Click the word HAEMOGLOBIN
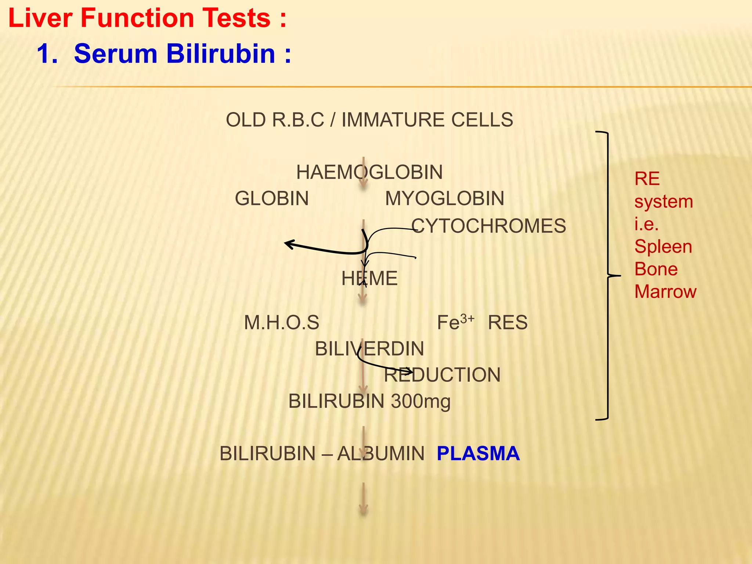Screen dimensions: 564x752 369,172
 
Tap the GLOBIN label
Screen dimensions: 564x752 272,199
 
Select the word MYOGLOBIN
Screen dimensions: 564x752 444,199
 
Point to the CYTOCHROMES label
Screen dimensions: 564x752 488,226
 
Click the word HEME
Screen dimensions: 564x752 369,278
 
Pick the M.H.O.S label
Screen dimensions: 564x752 282,323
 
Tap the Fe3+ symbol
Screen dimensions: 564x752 455,322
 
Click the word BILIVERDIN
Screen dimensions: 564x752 369,349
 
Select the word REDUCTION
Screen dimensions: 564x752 442,375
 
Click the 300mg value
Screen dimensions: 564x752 421,401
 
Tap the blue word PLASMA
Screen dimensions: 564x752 478,453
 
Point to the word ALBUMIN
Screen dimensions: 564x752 381,454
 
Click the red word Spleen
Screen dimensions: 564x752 663,246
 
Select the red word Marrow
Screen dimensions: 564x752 665,292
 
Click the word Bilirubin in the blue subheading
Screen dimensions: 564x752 221,54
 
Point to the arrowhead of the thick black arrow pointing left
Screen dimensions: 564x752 288,243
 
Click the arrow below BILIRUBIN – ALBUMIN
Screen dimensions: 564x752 363,499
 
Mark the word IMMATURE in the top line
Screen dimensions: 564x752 393,120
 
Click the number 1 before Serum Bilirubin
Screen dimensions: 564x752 45,54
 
